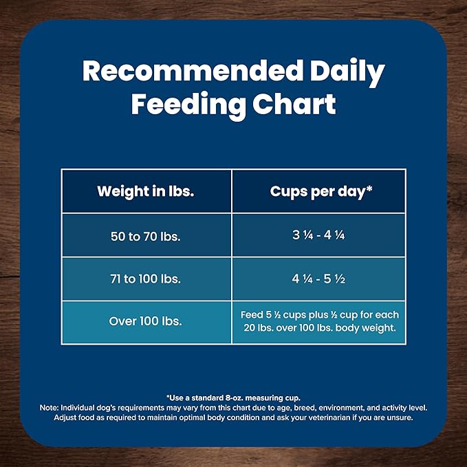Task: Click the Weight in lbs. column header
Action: [x=146, y=191]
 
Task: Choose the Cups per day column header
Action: [x=318, y=191]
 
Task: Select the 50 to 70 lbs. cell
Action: [x=146, y=236]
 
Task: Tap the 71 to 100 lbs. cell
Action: [x=146, y=279]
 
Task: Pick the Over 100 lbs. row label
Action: [x=146, y=321]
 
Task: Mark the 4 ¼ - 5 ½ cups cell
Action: [x=319, y=279]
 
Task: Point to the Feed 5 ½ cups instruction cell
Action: [x=319, y=321]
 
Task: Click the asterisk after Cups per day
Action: [x=369, y=188]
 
